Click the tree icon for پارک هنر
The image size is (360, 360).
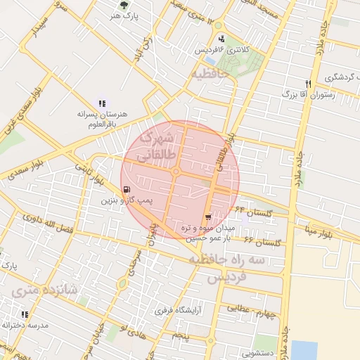pos(124,4)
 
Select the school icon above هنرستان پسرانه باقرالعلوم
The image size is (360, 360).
pos(103,103)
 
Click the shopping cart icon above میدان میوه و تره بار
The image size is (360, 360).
pos(208,217)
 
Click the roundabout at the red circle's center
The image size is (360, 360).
pos(175,172)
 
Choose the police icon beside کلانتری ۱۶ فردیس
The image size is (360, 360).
pos(222,39)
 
